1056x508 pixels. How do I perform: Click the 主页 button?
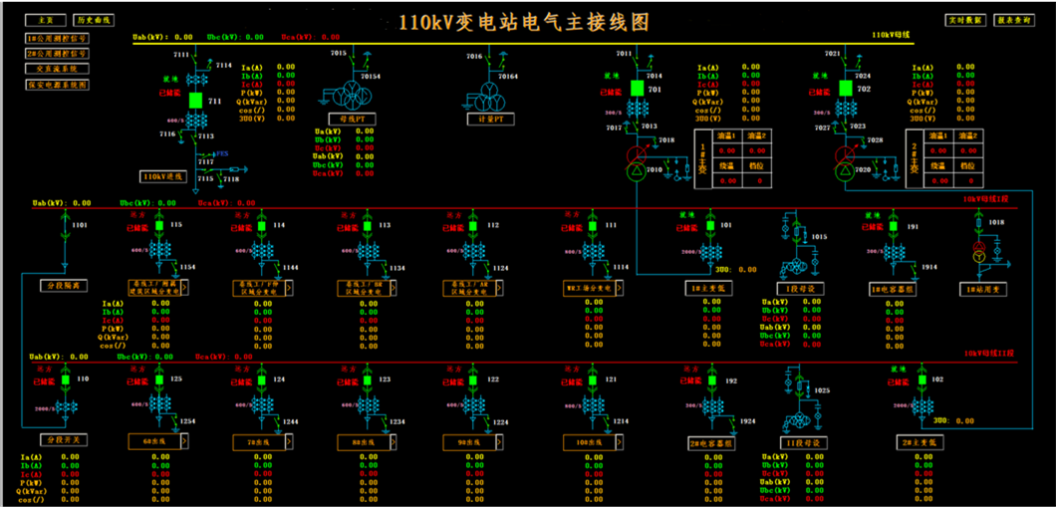pos(45,20)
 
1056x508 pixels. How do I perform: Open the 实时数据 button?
pos(964,20)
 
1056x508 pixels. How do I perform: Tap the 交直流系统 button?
pos(57,70)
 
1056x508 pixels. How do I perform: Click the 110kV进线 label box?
pos(163,176)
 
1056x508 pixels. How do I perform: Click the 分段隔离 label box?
pos(63,286)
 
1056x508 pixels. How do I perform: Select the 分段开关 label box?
pos(63,439)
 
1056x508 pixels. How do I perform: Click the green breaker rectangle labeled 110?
pos(67,380)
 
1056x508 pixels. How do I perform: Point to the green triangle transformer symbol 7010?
pos(636,172)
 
